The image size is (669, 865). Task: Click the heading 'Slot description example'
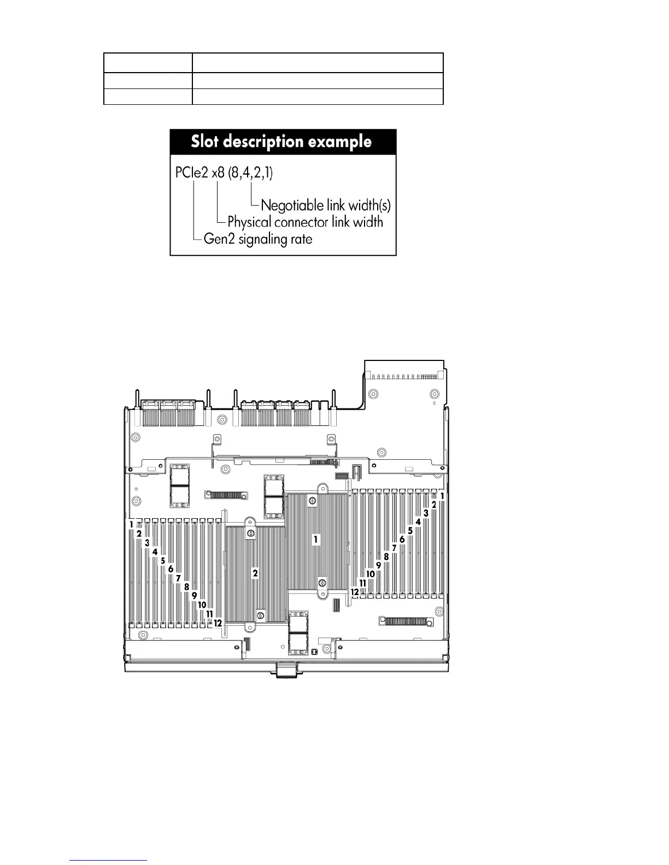281,142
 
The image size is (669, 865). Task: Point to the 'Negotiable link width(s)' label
326,206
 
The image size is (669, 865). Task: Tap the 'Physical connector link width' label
305,222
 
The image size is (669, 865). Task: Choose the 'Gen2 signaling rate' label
257,239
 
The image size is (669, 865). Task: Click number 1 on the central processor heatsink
315,540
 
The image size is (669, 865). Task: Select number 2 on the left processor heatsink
255,573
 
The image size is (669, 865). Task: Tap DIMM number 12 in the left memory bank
218,623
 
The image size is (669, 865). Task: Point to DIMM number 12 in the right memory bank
355,591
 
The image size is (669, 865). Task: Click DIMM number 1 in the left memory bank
132,524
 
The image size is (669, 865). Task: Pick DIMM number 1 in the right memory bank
442,496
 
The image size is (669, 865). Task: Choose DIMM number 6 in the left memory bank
171,569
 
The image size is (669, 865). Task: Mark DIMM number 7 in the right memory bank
394,548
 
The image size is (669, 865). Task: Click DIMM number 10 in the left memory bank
202,605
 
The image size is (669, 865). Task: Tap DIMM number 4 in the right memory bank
418,522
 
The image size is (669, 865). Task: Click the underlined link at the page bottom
109,860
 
